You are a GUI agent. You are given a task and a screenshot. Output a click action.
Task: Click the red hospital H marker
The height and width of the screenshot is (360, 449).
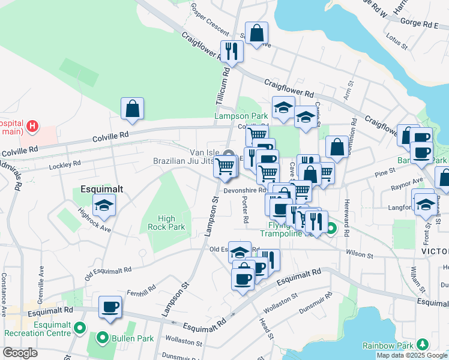click(x=33, y=127)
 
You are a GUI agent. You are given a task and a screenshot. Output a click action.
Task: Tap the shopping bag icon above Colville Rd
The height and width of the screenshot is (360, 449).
click(x=132, y=109)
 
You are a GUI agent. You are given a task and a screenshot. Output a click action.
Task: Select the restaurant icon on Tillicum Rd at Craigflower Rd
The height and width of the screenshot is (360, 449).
click(x=231, y=52)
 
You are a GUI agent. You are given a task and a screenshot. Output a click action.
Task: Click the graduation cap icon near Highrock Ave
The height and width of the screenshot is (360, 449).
click(x=104, y=206)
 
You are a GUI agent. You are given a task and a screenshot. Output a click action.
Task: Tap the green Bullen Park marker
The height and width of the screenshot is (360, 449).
click(x=103, y=338)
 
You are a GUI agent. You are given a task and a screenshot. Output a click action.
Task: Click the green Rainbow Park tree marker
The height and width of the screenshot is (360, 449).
click(x=423, y=344)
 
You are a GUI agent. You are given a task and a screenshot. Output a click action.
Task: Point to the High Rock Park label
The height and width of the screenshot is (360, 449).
click(x=166, y=223)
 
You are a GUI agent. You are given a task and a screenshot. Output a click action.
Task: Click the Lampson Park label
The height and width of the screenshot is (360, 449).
click(x=241, y=116)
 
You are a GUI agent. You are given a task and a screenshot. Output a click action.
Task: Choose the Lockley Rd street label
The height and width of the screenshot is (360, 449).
click(x=65, y=164)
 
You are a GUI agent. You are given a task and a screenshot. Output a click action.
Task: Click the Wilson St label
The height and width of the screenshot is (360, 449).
click(x=360, y=254)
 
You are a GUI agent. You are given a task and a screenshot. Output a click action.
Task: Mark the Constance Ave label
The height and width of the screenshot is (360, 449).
click(x=4, y=287)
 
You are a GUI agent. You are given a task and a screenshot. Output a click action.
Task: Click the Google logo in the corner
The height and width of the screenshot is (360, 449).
click(x=20, y=353)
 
